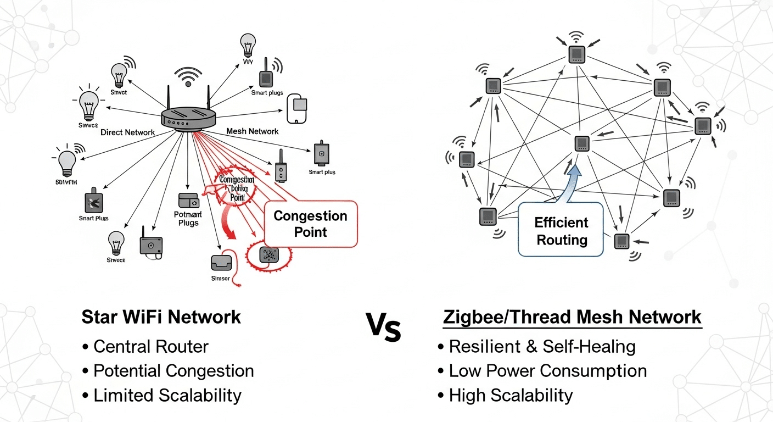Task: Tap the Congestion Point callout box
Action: pyautogui.click(x=311, y=224)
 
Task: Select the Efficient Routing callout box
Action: pyautogui.click(x=561, y=231)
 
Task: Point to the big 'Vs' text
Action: pyautogui.click(x=384, y=329)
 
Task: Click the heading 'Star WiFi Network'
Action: pyautogui.click(x=161, y=317)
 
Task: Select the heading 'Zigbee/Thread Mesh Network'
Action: pyautogui.click(x=572, y=317)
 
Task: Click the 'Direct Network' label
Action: pyautogui.click(x=128, y=132)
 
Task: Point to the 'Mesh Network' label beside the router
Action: pyautogui.click(x=253, y=131)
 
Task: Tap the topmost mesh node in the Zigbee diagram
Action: pyautogui.click(x=576, y=54)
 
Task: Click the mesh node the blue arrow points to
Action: pyautogui.click(x=582, y=143)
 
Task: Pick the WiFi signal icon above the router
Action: pyautogui.click(x=188, y=76)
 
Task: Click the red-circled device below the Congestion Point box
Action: pyautogui.click(x=270, y=254)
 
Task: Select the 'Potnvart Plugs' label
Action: pyautogui.click(x=188, y=218)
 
